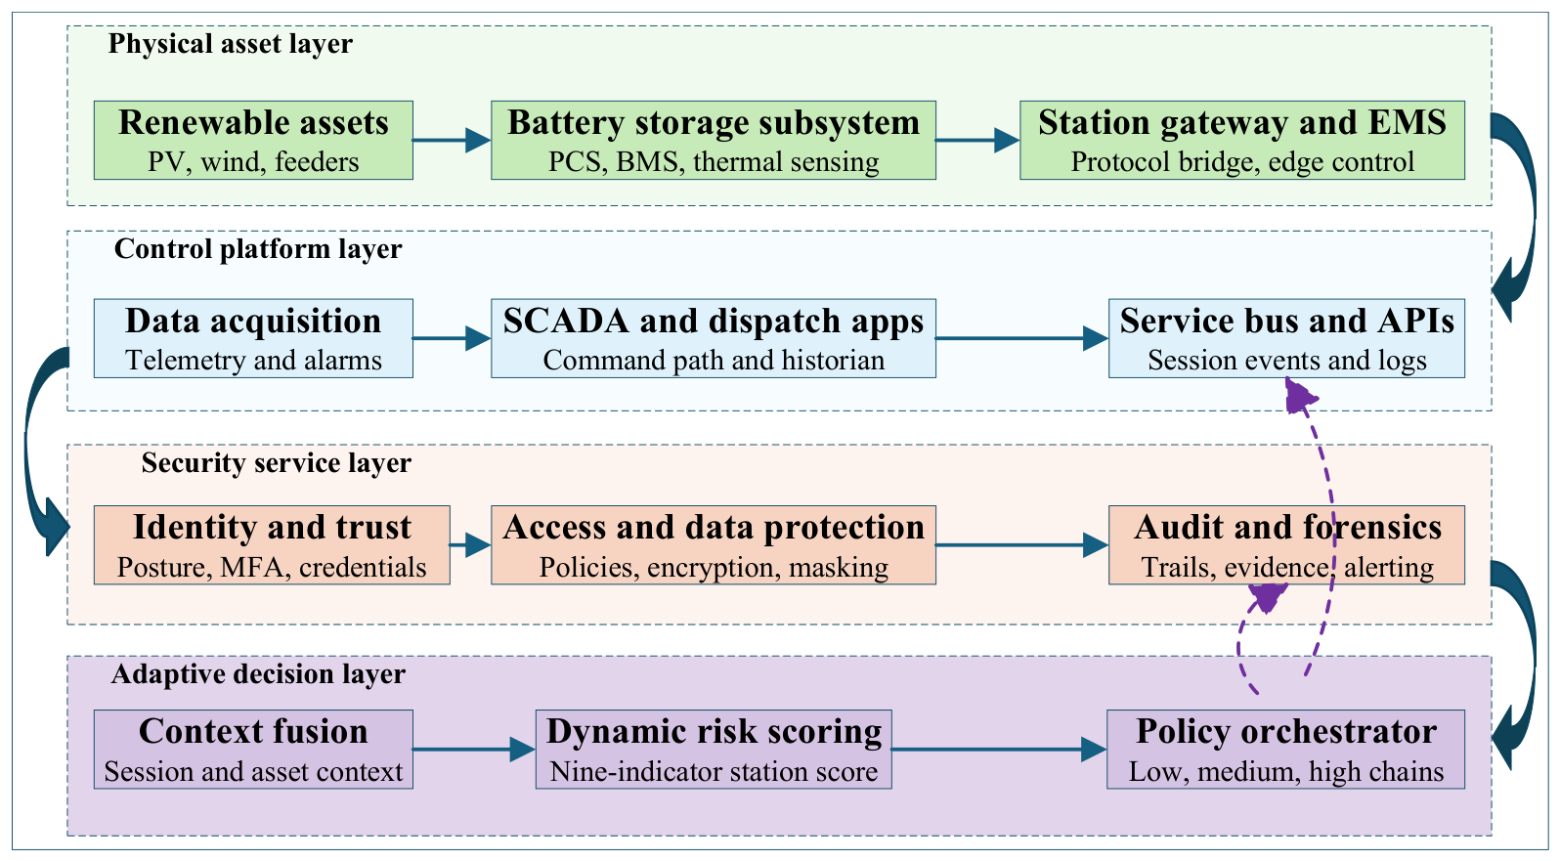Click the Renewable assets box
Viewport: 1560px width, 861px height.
253,140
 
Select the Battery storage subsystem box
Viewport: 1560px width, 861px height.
714,140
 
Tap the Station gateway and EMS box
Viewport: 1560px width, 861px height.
1242,140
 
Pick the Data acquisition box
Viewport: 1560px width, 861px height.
253,338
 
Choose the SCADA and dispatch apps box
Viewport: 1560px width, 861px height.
714,338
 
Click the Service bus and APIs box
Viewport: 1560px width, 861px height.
1287,338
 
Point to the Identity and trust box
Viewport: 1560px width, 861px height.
272,544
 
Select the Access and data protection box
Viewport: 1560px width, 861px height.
714,544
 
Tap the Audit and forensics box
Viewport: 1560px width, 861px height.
1287,544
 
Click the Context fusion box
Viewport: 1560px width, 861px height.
253,750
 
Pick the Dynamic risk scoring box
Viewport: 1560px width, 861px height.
714,750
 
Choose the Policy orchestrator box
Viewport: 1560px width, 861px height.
1285,750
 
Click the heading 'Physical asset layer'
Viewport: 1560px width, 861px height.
231,44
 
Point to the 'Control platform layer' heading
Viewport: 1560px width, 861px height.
258,248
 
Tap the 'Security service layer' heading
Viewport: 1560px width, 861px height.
277,462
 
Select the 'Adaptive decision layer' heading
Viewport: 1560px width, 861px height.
258,674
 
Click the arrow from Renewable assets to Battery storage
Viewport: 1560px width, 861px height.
452,140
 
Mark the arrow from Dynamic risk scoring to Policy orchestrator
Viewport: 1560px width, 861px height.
999,750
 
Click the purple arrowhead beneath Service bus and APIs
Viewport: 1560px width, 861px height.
1299,396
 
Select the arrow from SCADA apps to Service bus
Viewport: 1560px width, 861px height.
1022,338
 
